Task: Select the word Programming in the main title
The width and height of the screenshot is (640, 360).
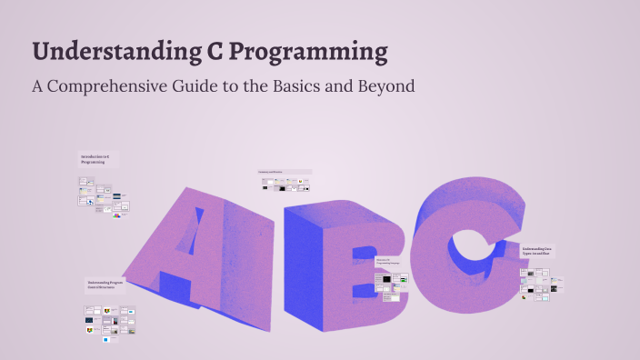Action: [x=307, y=52]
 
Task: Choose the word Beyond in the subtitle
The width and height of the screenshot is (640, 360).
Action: [x=385, y=87]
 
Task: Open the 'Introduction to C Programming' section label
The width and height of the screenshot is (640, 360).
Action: [x=95, y=159]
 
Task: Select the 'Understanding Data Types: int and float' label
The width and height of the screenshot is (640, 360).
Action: [x=537, y=251]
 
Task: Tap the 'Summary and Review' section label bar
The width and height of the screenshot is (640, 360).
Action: [x=285, y=171]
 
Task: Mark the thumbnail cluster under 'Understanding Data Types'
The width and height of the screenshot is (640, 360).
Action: [x=541, y=282]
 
